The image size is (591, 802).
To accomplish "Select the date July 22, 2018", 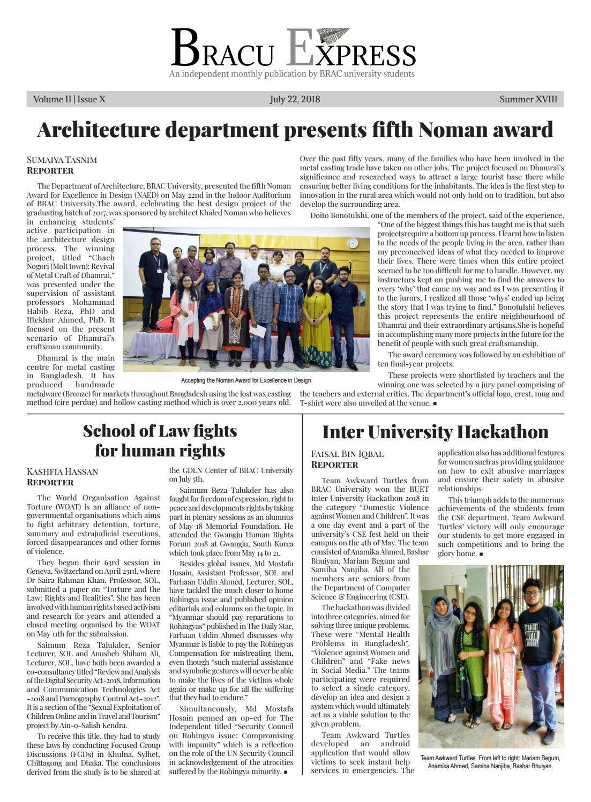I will (295, 99).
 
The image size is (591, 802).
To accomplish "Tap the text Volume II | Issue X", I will (69, 99).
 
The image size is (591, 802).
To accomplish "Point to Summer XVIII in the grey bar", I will (528, 99).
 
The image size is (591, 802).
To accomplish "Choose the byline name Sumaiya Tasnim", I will (62, 160).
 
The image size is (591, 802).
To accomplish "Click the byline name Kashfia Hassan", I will (62, 471).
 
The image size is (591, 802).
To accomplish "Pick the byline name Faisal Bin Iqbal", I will (347, 454).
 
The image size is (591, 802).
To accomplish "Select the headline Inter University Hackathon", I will (435, 432).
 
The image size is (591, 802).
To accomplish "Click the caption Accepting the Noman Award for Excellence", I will (245, 380).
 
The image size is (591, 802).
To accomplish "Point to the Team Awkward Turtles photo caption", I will (490, 762).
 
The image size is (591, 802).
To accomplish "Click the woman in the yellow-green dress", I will (317, 321).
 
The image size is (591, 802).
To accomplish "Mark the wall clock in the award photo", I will (352, 243).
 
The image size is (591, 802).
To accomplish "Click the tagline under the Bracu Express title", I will (291, 74).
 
